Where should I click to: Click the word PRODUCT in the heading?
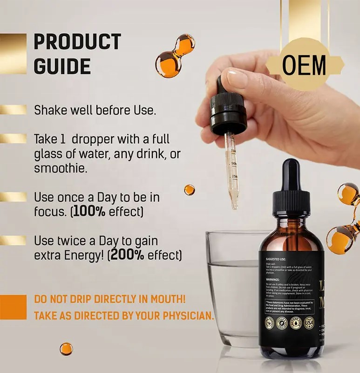coord(77,42)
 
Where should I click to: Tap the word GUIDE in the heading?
coord(62,67)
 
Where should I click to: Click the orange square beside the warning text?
coord(13,307)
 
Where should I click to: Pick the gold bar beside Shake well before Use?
coord(13,110)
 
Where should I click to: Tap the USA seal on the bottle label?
coord(309,322)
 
